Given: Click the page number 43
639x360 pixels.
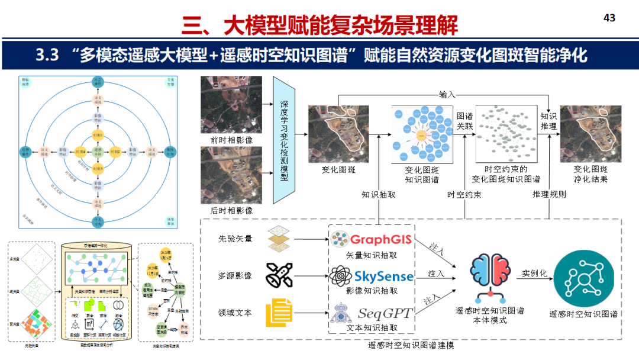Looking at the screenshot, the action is click(x=609, y=18).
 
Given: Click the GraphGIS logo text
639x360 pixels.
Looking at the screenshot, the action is click(x=382, y=240).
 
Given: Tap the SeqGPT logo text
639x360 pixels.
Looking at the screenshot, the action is click(x=385, y=313).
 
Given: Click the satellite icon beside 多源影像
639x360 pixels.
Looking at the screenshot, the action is click(x=279, y=275).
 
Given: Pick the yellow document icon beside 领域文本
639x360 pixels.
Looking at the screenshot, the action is click(x=279, y=313).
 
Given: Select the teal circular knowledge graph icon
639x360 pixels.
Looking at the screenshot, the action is click(x=583, y=277).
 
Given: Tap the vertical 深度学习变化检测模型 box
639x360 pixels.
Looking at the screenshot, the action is click(x=284, y=140).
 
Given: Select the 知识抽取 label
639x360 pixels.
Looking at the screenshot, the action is click(x=379, y=194).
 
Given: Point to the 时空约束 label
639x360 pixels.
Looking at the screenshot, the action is click(x=464, y=194).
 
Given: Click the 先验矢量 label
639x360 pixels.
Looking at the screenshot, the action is click(x=235, y=239).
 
